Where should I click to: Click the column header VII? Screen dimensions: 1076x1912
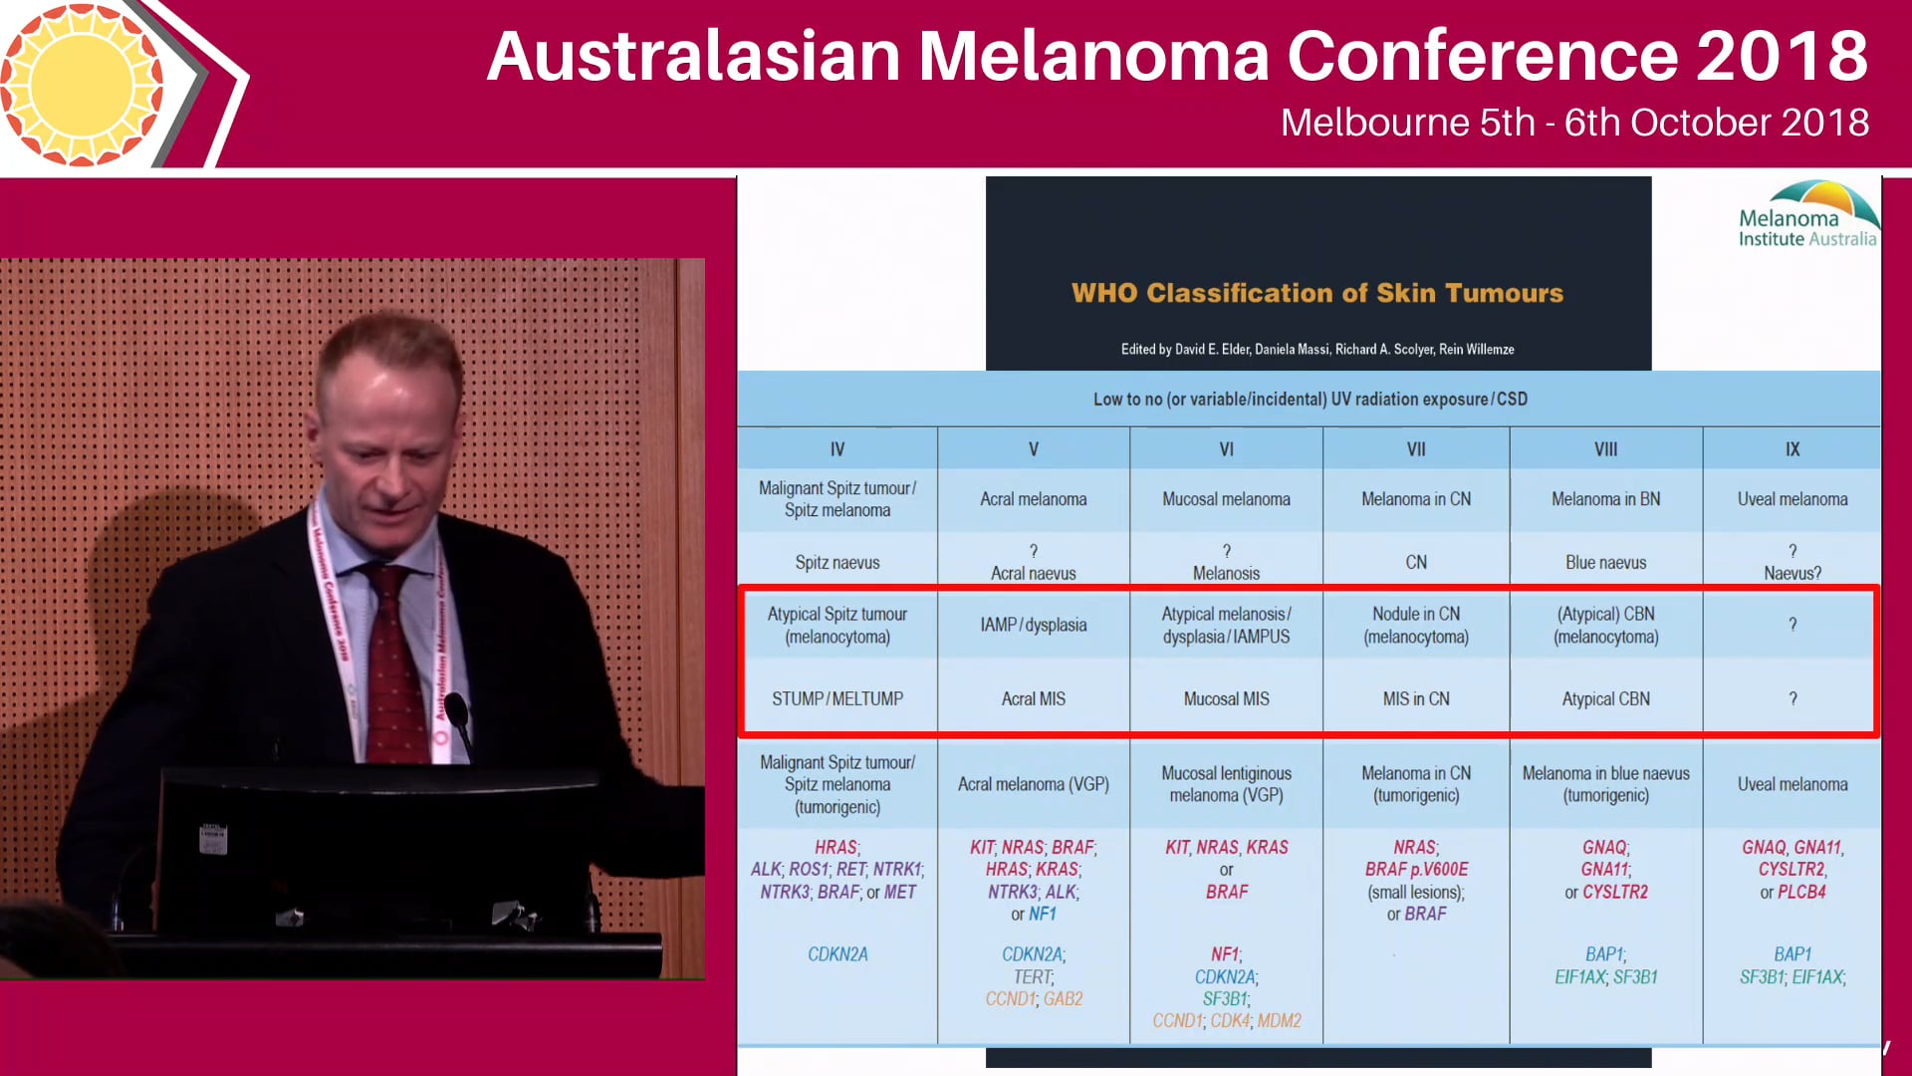(x=1415, y=449)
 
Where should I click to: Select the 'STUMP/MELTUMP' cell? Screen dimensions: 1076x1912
(x=836, y=698)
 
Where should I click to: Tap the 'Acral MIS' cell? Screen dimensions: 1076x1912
(x=1033, y=698)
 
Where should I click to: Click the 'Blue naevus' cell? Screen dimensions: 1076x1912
(x=1605, y=562)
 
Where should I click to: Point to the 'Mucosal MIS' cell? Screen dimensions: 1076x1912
(x=1226, y=698)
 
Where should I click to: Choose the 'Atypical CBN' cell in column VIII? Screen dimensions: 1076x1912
(x=1605, y=698)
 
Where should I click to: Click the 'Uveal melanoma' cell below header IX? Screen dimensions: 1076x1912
(x=1792, y=499)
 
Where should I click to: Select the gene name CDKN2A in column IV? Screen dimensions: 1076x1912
(x=837, y=953)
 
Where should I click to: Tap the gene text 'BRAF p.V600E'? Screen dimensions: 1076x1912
(x=1415, y=869)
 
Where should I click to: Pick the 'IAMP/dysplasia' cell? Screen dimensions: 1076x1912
(x=1033, y=625)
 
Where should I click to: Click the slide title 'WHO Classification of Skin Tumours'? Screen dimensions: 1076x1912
(x=1316, y=293)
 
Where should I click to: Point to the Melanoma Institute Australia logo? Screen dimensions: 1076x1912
(x=1807, y=214)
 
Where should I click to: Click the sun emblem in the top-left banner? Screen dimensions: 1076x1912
(x=82, y=84)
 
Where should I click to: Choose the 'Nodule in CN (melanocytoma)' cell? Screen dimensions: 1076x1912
(x=1415, y=625)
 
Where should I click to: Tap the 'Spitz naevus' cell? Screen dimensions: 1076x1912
(x=836, y=562)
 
